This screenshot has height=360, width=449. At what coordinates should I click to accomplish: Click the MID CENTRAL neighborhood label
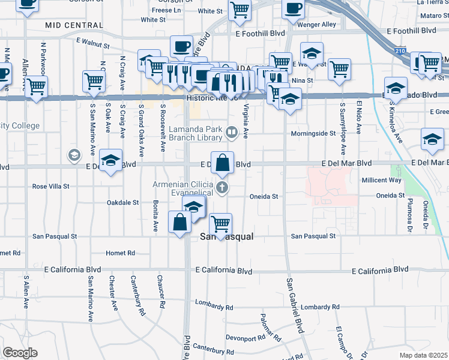point(74,25)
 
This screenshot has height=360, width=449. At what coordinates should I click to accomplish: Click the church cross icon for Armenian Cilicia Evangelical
point(223,187)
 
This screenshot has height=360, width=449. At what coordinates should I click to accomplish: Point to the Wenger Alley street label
point(319,25)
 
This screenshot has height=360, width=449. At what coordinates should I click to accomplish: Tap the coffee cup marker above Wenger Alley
point(293,9)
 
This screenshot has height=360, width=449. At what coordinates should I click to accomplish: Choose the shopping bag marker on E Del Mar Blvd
point(222,163)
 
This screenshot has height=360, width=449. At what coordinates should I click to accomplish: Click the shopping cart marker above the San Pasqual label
point(221,224)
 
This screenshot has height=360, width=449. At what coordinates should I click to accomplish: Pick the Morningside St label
point(313,134)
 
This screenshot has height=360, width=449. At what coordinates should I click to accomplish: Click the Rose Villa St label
point(52,187)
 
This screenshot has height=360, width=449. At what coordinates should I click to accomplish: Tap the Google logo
point(20,353)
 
